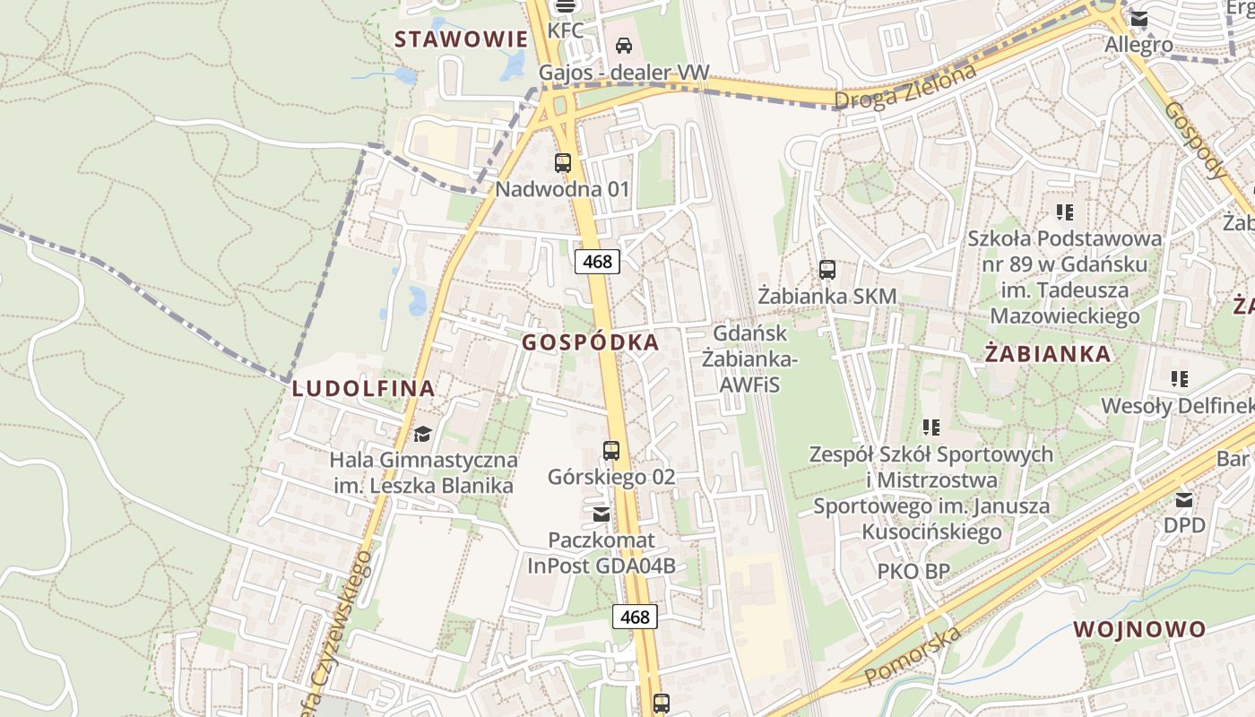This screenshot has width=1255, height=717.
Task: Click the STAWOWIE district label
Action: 461,39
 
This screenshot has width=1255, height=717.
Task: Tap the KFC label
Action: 566,30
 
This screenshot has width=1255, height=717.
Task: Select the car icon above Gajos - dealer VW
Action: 624,45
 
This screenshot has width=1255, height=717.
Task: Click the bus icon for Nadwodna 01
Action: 563,163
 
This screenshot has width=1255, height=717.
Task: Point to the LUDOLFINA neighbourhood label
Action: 363,388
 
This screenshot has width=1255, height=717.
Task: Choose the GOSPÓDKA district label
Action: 591,342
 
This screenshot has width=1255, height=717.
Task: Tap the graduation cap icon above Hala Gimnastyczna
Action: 422,435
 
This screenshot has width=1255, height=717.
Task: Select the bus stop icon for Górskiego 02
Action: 611,451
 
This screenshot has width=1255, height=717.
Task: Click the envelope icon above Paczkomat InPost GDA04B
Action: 601,514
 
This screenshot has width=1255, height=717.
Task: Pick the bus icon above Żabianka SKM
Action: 827,269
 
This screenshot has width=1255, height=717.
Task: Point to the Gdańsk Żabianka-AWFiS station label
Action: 749,358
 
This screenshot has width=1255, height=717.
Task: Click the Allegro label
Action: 1138,45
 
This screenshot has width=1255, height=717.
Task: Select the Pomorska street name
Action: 913,653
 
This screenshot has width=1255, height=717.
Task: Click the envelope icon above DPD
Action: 1184,500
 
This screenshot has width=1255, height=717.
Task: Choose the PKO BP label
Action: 913,571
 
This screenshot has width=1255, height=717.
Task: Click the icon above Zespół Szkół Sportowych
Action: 931,428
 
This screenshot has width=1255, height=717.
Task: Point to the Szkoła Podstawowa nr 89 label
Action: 1064,277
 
